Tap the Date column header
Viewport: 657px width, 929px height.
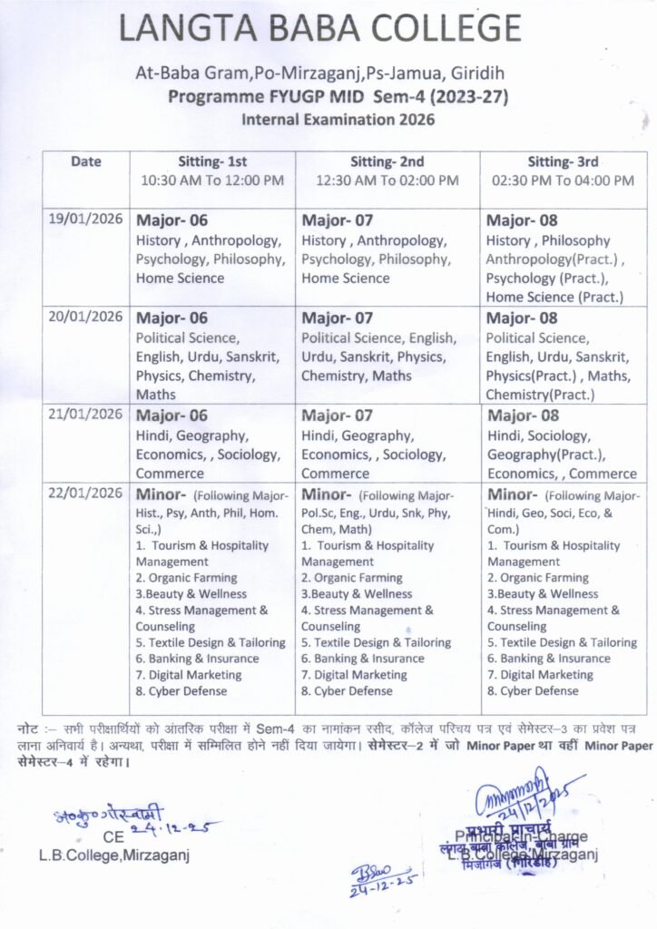coord(86,162)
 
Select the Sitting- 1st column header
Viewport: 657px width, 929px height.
coord(212,162)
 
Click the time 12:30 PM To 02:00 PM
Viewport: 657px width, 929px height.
coord(387,181)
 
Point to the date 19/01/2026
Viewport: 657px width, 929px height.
coord(84,220)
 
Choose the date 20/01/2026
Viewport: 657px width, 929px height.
coord(84,318)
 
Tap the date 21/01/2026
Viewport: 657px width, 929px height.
coord(84,415)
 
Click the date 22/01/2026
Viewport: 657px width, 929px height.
coord(84,493)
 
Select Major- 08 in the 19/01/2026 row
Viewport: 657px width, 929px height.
coord(522,220)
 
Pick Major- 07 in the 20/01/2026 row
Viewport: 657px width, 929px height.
coord(338,318)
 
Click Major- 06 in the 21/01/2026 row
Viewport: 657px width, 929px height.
coord(172,416)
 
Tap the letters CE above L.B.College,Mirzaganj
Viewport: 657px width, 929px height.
coord(113,837)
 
